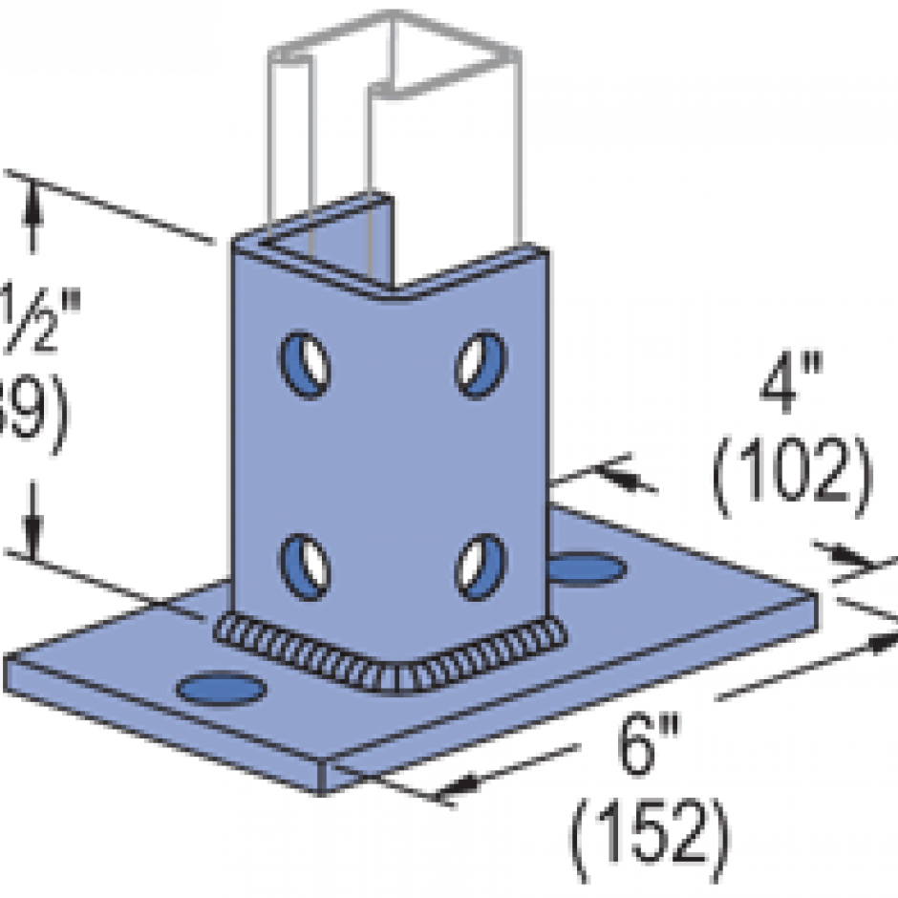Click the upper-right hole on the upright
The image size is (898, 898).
point(480,362)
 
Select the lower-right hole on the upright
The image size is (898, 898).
point(480,566)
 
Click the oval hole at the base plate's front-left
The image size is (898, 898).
point(223,687)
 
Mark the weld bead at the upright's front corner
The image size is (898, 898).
point(392,674)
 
